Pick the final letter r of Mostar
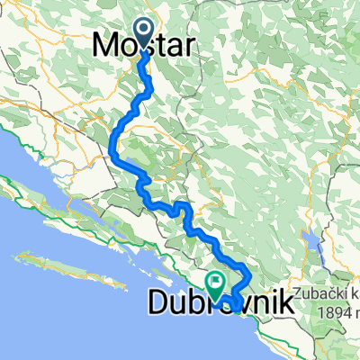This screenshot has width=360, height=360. (x=186, y=47)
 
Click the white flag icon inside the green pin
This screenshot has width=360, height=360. (x=215, y=282)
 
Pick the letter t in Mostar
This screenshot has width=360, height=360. (x=162, y=47)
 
